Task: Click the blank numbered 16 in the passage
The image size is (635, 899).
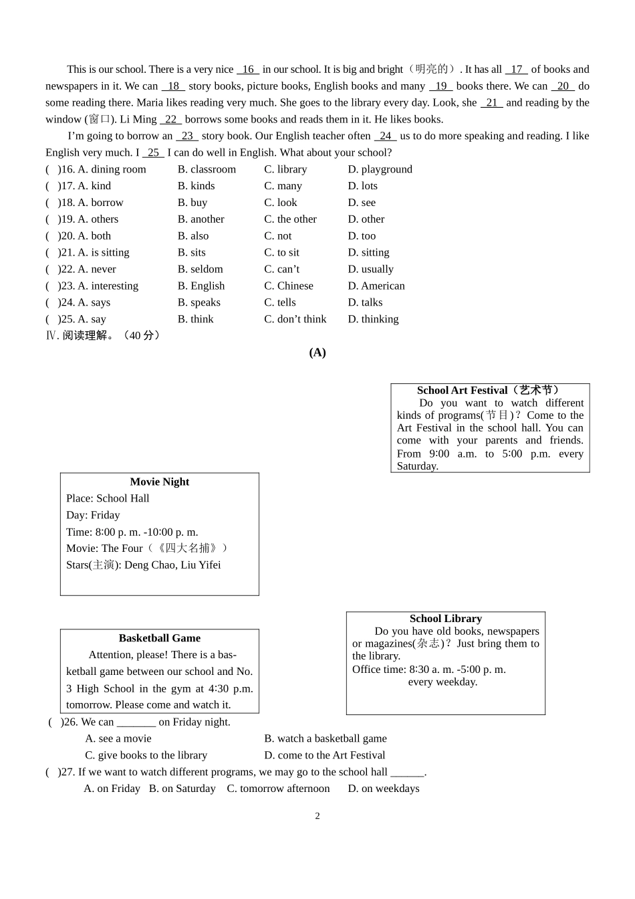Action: click(248, 70)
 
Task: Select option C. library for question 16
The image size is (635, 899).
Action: click(285, 169)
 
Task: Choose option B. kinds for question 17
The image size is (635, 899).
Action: click(196, 186)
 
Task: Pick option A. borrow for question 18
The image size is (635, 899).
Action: click(100, 203)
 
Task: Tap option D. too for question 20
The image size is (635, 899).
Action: click(362, 236)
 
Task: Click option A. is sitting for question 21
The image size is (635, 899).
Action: click(103, 253)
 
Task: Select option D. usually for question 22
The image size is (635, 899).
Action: click(370, 270)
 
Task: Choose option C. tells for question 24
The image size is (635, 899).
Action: click(279, 303)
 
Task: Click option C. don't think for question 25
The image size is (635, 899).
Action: click(295, 320)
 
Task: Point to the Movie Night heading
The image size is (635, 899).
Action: click(159, 482)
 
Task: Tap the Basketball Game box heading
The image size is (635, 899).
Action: click(159, 638)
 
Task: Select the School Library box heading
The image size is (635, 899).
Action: click(445, 619)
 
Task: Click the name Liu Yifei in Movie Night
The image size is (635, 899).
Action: click(201, 565)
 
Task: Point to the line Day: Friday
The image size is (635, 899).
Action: click(93, 515)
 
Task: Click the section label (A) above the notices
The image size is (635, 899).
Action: click(317, 353)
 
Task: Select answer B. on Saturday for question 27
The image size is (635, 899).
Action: click(182, 789)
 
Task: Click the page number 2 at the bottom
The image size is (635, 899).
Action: click(317, 816)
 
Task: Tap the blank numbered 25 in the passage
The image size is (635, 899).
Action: click(153, 153)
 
